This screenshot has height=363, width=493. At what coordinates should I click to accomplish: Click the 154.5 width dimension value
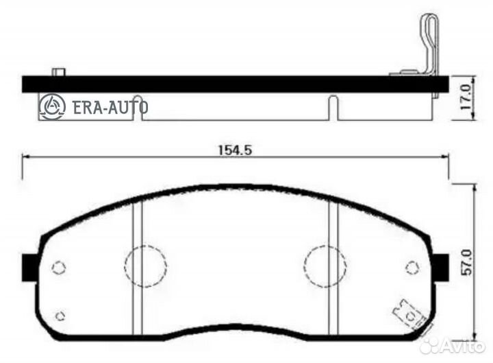pos(236,150)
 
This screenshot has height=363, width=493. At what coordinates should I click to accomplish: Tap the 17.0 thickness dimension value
pos(466,97)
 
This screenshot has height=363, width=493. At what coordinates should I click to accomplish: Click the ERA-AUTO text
pos(110,107)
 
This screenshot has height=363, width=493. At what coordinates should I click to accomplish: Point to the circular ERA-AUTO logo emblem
pos(52,106)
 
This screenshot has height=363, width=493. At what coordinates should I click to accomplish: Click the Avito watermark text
pos(462,347)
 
